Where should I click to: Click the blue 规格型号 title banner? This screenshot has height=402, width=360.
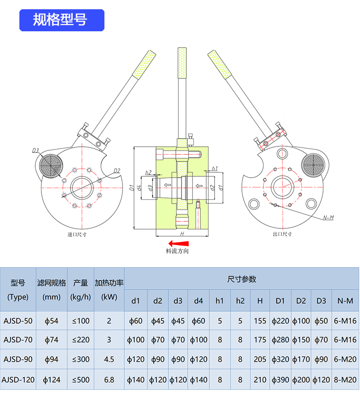[x=61, y=20]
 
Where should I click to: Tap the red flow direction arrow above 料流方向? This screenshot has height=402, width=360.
[x=178, y=243]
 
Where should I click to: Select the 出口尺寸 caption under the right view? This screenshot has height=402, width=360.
[x=282, y=234]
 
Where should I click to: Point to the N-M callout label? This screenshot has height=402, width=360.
[x=329, y=217]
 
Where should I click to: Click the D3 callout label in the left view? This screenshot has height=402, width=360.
[x=36, y=150]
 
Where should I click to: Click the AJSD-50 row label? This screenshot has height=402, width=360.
[x=18, y=320]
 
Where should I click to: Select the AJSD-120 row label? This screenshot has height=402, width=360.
[x=18, y=379]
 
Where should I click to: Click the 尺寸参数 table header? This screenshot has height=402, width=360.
[x=241, y=279]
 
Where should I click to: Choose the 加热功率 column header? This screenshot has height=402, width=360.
[x=109, y=283]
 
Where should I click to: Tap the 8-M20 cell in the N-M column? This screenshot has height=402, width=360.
[x=345, y=379]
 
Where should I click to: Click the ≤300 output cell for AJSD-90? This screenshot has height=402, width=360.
[x=81, y=359]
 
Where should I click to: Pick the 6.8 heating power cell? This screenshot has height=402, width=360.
[x=109, y=379]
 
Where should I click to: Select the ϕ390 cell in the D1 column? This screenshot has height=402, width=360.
[x=280, y=379]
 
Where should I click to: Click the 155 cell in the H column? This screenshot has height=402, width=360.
[x=260, y=320]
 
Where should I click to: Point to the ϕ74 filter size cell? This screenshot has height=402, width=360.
[x=52, y=340]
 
